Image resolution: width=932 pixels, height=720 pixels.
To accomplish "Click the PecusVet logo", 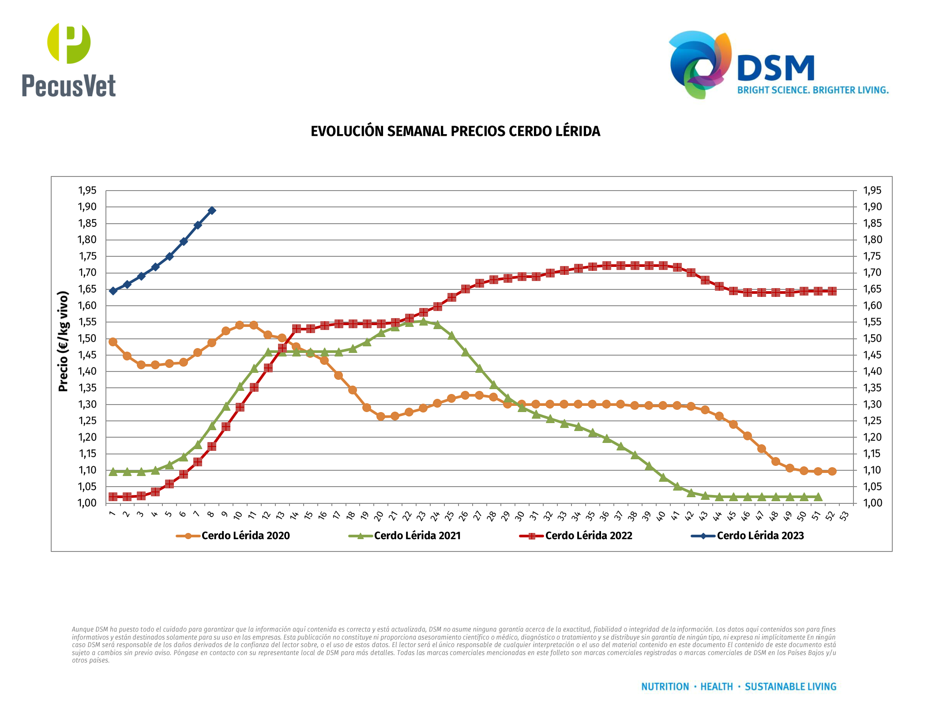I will point(69,60).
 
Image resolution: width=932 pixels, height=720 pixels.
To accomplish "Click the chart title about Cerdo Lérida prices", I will point(455,131).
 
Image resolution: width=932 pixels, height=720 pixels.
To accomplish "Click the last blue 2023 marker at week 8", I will point(212,210).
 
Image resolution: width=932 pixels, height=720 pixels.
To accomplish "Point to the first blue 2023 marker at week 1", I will point(113,291).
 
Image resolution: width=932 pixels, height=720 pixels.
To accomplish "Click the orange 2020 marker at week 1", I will point(113,342).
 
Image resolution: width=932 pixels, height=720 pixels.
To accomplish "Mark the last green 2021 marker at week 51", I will point(818,497).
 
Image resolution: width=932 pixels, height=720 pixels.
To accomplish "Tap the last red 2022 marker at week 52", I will point(832,291).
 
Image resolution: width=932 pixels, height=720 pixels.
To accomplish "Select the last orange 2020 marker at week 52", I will point(832,471).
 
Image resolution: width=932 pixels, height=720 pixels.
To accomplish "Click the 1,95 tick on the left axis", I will point(87,191).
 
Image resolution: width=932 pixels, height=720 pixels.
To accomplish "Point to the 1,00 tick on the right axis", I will point(872,503).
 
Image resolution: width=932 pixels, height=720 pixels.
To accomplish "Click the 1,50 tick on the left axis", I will point(87,338).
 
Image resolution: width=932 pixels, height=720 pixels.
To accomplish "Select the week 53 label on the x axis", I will point(844,516).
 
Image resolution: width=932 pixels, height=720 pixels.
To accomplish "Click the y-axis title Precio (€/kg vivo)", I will point(64,341).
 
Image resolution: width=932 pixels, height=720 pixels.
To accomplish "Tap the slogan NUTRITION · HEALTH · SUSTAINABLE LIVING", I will point(739,686).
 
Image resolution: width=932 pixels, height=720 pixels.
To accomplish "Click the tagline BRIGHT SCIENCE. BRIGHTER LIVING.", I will point(813,90).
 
